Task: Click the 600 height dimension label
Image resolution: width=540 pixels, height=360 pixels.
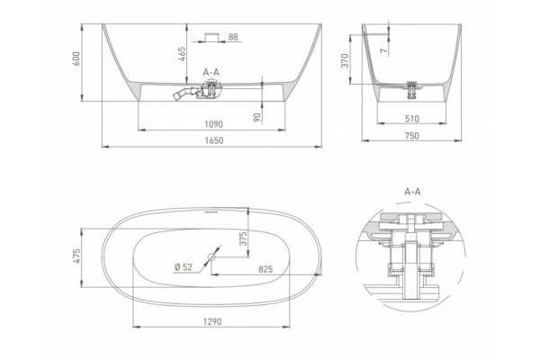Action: click(76, 58)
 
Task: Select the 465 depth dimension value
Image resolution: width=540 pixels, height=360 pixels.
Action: click(182, 54)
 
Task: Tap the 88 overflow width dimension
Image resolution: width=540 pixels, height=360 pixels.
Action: click(233, 37)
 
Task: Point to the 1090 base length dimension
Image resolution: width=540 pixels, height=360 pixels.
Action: click(213, 124)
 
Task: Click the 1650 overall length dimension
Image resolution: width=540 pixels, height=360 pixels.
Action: click(214, 140)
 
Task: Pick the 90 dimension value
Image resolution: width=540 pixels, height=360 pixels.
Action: click(256, 117)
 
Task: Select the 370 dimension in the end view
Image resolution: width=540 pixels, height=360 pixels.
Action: click(345, 60)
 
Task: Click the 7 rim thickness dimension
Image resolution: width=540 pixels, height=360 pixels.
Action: click(384, 50)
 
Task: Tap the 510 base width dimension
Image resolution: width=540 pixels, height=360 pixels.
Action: click(412, 119)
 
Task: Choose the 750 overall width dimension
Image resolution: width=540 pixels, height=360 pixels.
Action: click(412, 136)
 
